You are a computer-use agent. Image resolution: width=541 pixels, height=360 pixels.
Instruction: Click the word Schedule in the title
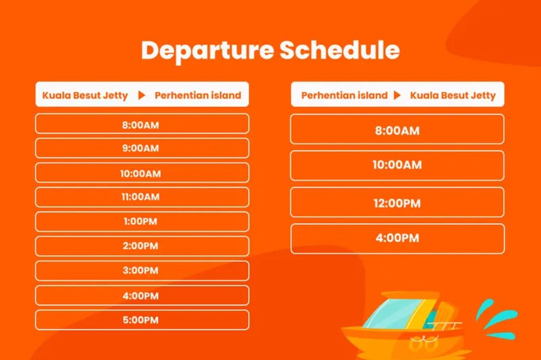tap(340, 50)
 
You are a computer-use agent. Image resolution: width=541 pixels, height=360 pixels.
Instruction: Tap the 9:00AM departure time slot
tap(142, 148)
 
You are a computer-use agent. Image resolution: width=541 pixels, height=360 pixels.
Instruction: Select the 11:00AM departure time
tap(142, 197)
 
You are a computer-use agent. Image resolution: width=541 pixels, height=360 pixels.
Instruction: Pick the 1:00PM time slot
tap(142, 222)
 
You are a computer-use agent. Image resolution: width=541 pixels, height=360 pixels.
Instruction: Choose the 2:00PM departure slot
tap(142, 246)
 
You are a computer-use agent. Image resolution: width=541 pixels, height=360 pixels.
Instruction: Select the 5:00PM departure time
tap(142, 320)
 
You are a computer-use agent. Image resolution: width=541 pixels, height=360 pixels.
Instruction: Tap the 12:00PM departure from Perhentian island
tap(397, 203)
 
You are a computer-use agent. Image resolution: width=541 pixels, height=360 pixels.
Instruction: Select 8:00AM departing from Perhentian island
tap(397, 130)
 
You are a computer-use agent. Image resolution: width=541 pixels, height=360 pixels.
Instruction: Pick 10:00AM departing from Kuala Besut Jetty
tap(142, 173)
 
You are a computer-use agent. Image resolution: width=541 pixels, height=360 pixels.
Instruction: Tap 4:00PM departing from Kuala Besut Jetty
tap(142, 296)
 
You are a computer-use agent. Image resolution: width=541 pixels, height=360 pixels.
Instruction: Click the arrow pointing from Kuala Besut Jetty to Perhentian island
tap(142, 96)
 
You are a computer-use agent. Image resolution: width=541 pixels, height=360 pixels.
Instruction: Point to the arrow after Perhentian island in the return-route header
tap(398, 96)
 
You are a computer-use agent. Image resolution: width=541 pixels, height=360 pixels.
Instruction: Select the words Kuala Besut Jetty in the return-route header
tap(452, 96)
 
